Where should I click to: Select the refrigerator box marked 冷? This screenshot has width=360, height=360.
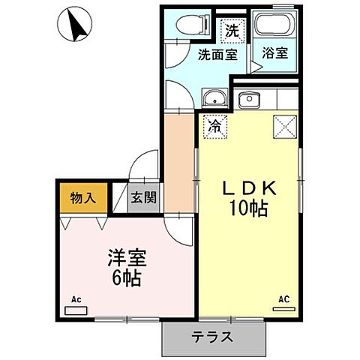point(214,126)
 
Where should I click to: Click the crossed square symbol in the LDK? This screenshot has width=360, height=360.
point(283,126)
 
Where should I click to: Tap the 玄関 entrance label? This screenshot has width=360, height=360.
point(143,198)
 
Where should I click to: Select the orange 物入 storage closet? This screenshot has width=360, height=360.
point(84,199)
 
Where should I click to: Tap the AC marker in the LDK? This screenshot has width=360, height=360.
point(283,298)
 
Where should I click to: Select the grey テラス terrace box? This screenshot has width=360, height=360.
point(214,337)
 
